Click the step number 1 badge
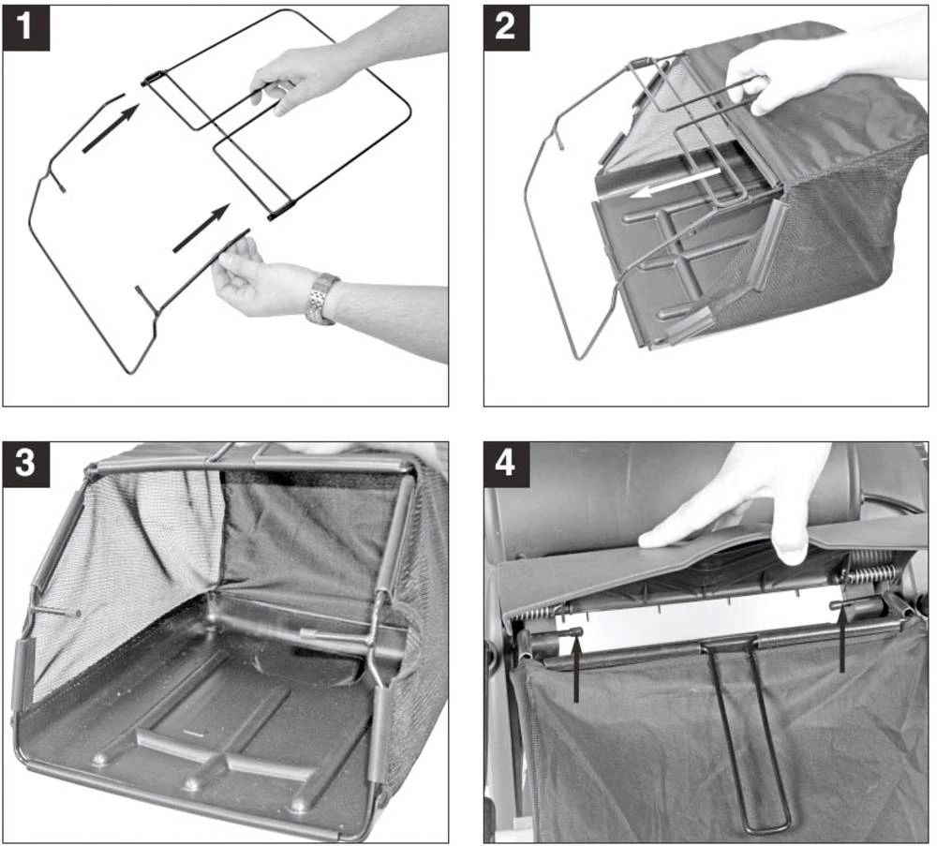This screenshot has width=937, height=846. coord(26,27)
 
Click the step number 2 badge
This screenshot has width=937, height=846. coord(506,27)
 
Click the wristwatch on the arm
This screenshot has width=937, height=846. coord(321,299)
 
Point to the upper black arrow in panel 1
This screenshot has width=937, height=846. coord(112,128)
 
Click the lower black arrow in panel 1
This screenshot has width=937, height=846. coord(201,228)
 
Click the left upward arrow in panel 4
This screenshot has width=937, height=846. coord(576,668)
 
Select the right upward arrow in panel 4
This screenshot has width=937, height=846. coord(841,640)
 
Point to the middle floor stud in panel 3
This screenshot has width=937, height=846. coord(191,783)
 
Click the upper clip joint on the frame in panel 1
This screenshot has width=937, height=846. coord(153,78)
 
